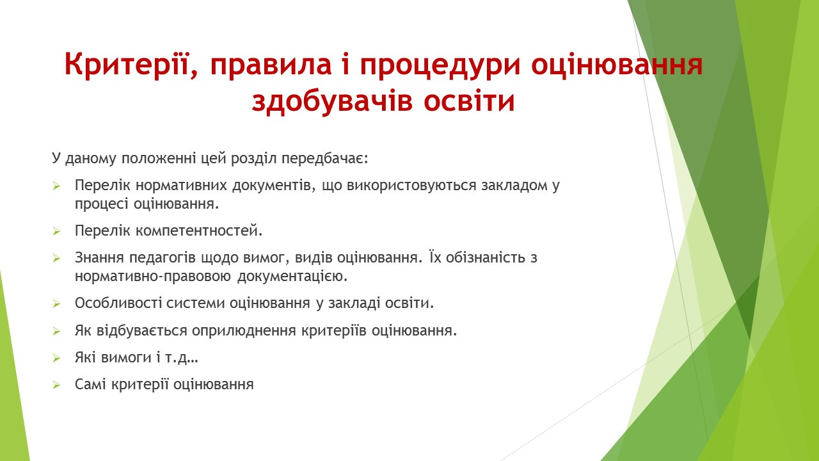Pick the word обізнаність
point(487,258)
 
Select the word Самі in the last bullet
point(91,385)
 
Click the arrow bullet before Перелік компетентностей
point(56,232)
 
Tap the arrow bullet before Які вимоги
point(56,358)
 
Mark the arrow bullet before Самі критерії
point(56,385)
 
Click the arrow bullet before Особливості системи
point(56,303)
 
